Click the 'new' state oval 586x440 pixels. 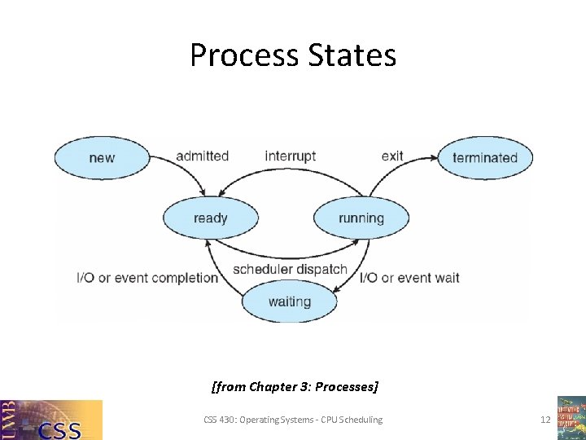click(x=101, y=157)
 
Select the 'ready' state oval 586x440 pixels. click(x=210, y=218)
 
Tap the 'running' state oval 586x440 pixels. click(x=361, y=218)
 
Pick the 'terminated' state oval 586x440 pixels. click(x=484, y=157)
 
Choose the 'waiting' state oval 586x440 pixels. click(x=289, y=301)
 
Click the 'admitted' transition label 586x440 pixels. click(x=202, y=156)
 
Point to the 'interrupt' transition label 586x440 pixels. click(x=290, y=156)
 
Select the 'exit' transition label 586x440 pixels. click(x=392, y=156)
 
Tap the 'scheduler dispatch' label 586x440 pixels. click(x=290, y=269)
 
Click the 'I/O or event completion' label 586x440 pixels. click(x=147, y=278)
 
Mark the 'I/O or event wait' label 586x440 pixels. click(x=409, y=278)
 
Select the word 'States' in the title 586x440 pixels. click(x=352, y=55)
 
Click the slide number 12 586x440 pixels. click(x=545, y=420)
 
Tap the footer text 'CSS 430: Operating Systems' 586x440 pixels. click(x=259, y=420)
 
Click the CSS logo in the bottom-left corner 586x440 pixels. click(x=51, y=420)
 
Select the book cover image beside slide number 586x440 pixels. click(x=571, y=417)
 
